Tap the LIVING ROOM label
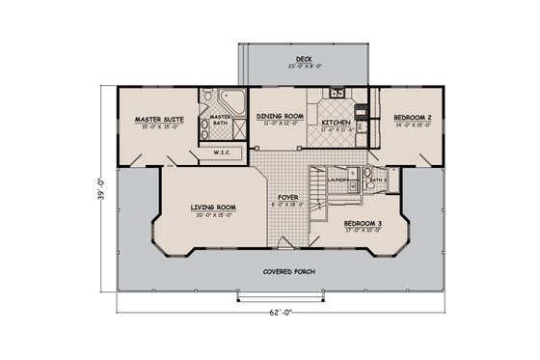coord(201,205)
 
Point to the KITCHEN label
coord(336,124)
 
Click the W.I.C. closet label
coord(221,152)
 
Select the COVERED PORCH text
coord(289,271)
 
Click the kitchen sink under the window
coord(337,94)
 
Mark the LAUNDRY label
coord(337,180)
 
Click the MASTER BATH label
coord(220,120)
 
